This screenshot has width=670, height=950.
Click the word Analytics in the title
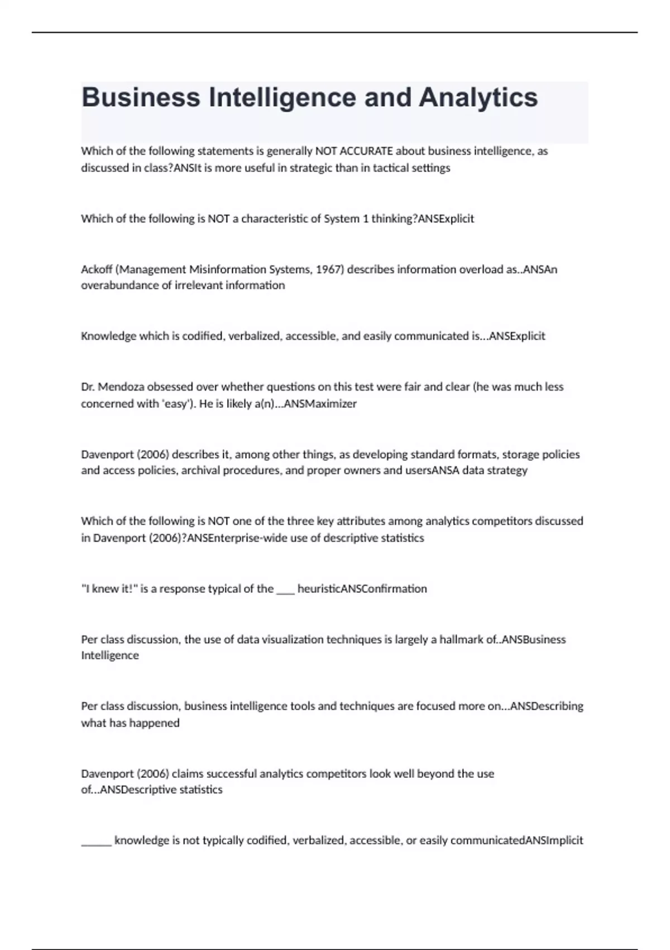[x=478, y=98]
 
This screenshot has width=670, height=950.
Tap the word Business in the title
[x=141, y=98]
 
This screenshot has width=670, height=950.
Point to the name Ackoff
[x=97, y=269]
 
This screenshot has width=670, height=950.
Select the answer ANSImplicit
[x=554, y=840]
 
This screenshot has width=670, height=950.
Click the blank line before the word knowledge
[x=96, y=842]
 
